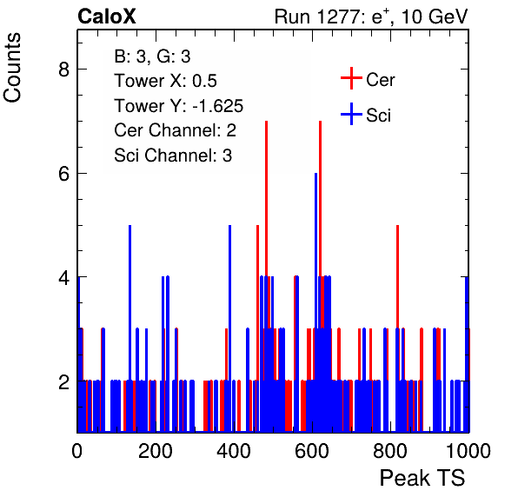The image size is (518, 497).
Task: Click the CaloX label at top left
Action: click(107, 17)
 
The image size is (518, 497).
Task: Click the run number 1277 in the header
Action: click(338, 17)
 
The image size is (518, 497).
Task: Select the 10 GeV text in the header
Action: click(435, 17)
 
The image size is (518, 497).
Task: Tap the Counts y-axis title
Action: click(12, 68)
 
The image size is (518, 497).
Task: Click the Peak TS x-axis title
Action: click(422, 478)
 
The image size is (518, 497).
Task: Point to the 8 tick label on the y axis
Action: click(63, 70)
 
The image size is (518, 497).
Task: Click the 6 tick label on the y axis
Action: click(63, 174)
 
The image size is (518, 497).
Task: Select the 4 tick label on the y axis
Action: click(63, 277)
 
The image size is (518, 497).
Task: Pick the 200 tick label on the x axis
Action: click(156, 451)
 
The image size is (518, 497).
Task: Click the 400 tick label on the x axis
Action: click(234, 451)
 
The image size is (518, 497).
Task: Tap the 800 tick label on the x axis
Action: click(390, 451)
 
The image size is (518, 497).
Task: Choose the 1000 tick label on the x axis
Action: click(468, 451)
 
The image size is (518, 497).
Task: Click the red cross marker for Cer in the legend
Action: click(351, 78)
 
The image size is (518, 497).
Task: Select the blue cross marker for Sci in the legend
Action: click(351, 114)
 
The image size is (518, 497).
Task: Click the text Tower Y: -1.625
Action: click(179, 106)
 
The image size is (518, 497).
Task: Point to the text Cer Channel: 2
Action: click(175, 130)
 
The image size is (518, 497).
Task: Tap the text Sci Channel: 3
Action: click(173, 156)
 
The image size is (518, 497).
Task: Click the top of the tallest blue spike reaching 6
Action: click(315, 174)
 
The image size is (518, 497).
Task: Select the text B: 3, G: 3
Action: click(152, 56)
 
